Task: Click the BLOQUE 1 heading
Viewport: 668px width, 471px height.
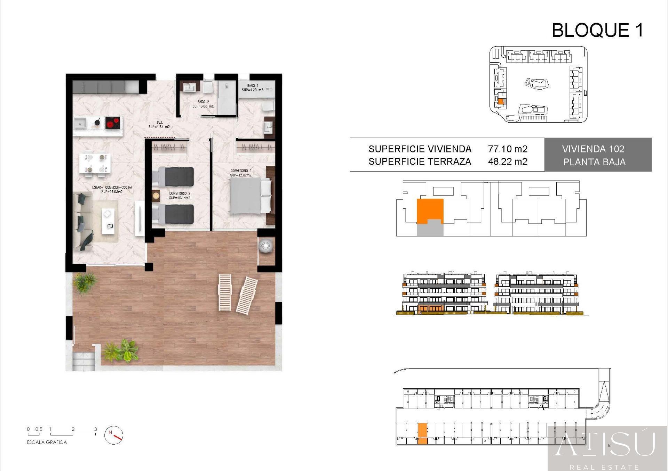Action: [597, 30]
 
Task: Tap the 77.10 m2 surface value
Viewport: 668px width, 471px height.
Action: [507, 149]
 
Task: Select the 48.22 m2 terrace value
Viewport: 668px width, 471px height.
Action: [507, 162]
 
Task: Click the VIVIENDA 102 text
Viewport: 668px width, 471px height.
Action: [593, 149]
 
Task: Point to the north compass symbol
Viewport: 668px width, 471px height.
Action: [114, 435]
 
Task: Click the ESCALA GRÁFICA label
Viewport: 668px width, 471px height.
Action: [47, 442]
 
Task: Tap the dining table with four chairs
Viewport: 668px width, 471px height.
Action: [95, 163]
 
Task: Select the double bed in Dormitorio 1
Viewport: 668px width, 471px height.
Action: [250, 195]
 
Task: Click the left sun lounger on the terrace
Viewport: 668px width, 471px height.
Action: [225, 292]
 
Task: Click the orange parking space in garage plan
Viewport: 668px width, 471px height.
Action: [422, 433]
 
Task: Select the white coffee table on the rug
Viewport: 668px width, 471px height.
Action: [108, 221]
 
